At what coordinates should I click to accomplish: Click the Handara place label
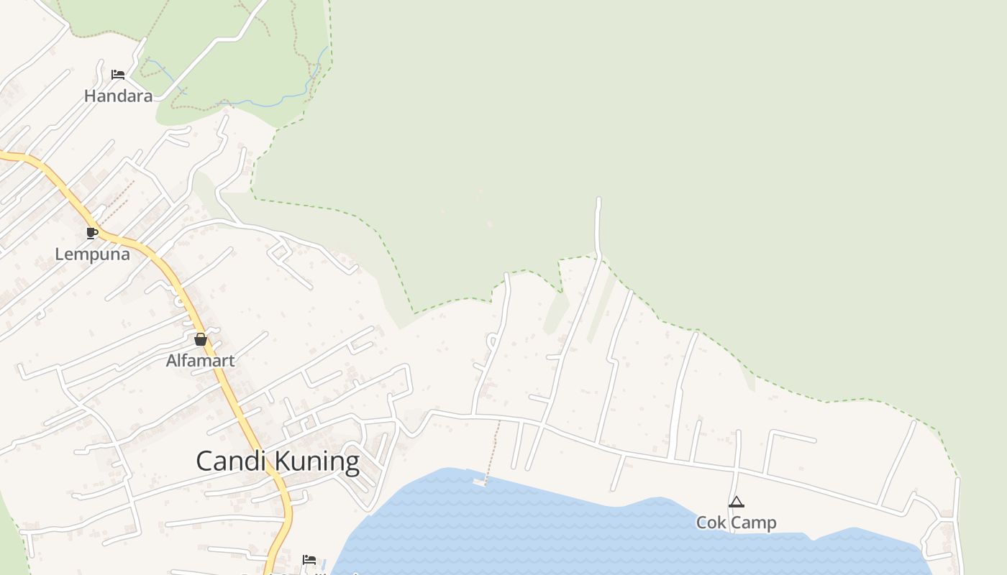click(118, 96)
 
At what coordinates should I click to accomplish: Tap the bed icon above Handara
click(118, 74)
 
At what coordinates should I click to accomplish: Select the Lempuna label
click(92, 254)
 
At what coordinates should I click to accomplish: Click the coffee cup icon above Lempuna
click(91, 232)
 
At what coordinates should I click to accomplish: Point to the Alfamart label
click(200, 361)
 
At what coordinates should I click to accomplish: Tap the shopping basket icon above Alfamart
click(200, 339)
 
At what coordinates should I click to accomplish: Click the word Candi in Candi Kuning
click(232, 461)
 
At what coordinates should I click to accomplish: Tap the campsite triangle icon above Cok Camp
click(736, 502)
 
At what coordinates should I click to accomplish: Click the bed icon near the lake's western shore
click(309, 559)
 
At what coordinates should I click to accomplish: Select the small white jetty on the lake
click(479, 482)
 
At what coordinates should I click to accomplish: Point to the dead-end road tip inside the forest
click(598, 201)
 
